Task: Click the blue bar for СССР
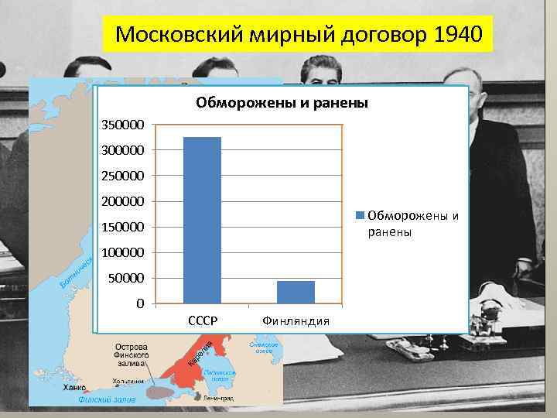202,220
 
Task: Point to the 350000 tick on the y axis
122,125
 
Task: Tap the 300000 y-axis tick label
122,150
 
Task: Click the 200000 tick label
122,201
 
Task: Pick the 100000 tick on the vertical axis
122,252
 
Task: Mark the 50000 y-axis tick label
125,278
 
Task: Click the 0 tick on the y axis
139,303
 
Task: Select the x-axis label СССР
203,320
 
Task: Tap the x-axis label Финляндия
296,320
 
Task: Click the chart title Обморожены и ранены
282,103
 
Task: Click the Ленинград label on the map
219,396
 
